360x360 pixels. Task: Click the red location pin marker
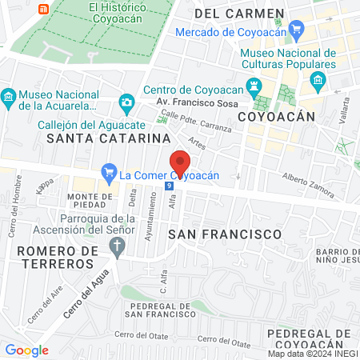(180, 164)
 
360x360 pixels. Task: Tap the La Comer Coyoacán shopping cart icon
(110, 172)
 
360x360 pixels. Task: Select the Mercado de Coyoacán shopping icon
(298, 32)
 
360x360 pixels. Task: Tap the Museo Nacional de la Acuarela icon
(9, 98)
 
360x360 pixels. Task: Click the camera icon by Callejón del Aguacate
(126, 102)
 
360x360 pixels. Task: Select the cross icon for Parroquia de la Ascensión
(118, 249)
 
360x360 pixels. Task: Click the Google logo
(26, 350)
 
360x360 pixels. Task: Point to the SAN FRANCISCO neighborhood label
(226, 234)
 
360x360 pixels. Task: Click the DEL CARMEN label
(239, 14)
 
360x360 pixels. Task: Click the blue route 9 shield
(168, 186)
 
